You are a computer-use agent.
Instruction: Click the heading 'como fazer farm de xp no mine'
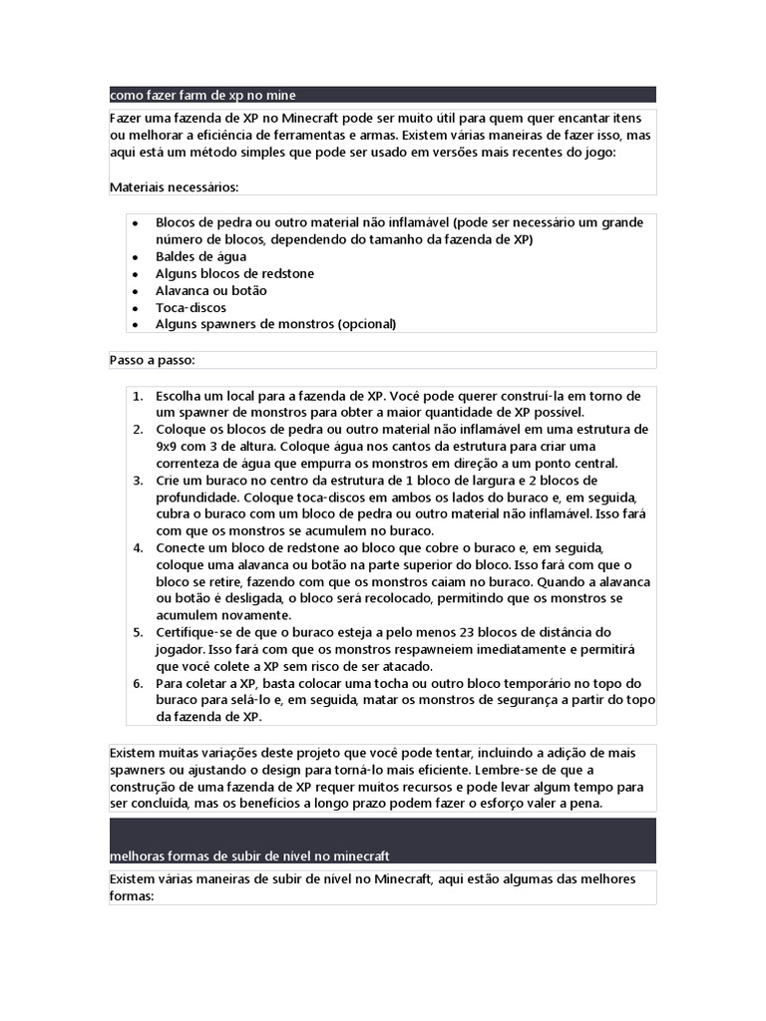202,96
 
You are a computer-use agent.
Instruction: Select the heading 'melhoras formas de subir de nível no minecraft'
249,856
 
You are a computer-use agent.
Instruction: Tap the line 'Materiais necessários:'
174,186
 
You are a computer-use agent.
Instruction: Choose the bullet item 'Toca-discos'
191,307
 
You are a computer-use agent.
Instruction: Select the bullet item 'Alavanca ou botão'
210,290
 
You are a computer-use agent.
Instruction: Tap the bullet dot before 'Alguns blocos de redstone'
135,273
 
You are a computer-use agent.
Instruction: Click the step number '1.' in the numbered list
139,396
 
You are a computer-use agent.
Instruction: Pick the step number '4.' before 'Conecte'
139,548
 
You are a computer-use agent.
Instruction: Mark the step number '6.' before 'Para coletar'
139,684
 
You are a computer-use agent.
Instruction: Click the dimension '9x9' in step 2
169,447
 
